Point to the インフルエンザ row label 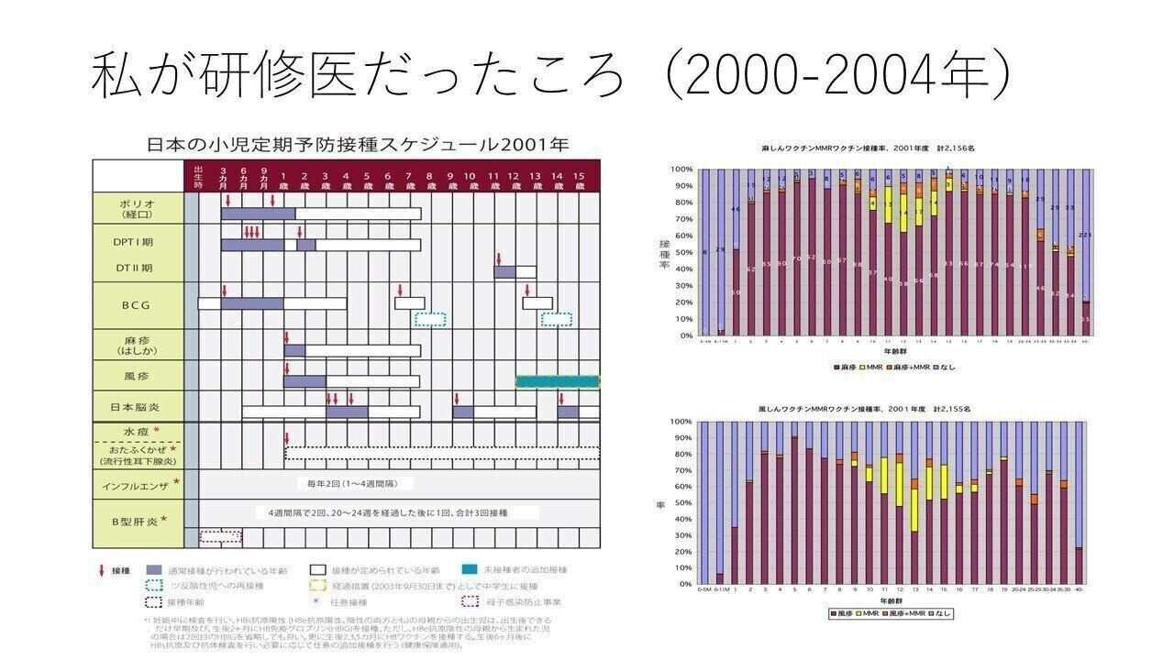(x=139, y=483)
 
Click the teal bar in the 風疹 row (x=558, y=381)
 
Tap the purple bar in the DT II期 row (x=504, y=271)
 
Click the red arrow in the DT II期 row (x=499, y=258)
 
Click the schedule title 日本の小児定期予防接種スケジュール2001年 (x=359, y=145)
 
